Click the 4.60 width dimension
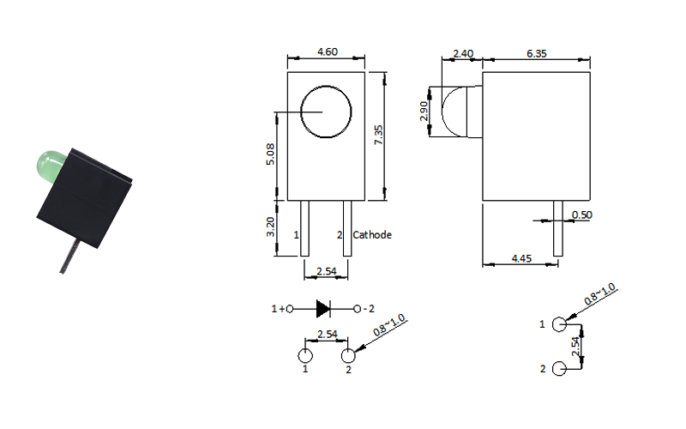click(x=328, y=51)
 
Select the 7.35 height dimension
click(x=378, y=135)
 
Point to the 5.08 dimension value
click(x=270, y=154)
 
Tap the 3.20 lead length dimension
click(x=270, y=227)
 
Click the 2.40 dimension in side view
click(x=463, y=53)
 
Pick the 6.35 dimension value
click(x=537, y=53)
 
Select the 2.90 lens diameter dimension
click(x=424, y=112)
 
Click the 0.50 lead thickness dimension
click(x=582, y=215)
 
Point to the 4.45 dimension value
click(x=521, y=259)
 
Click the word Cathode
click(x=372, y=235)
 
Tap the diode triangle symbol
click(x=323, y=309)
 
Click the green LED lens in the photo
click(x=50, y=166)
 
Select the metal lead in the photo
click(x=69, y=257)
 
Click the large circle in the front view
click(x=326, y=87)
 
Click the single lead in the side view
click(x=558, y=228)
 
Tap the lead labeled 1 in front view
click(x=304, y=228)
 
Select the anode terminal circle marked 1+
click(x=289, y=309)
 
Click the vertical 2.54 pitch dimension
click(x=575, y=347)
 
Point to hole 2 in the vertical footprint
click(x=559, y=369)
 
